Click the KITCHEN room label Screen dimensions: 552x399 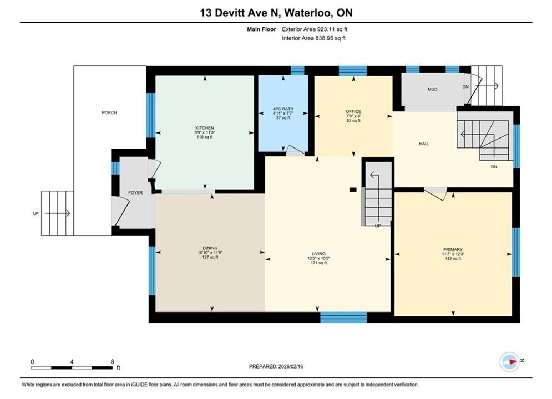tap(205, 128)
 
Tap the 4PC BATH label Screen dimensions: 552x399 tap(283, 109)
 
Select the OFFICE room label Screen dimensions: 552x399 tap(353, 112)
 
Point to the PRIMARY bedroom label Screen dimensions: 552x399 tap(453, 249)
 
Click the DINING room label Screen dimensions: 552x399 tap(210, 248)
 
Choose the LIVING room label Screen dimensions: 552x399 tap(318, 254)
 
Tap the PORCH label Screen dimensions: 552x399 tap(109, 113)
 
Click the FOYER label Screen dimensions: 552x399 tap(135, 193)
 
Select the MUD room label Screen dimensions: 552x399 tap(433, 89)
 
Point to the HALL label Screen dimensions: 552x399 tap(424, 144)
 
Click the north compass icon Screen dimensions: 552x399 tap(509, 361)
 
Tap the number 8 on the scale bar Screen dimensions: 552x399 tap(112, 361)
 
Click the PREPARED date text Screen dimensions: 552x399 tap(276, 366)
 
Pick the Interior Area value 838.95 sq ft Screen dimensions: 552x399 tap(330, 38)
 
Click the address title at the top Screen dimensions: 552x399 tap(276, 13)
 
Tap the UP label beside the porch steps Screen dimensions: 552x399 tap(36, 214)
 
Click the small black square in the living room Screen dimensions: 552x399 tap(353, 190)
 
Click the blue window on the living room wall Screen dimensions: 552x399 tap(343, 318)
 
